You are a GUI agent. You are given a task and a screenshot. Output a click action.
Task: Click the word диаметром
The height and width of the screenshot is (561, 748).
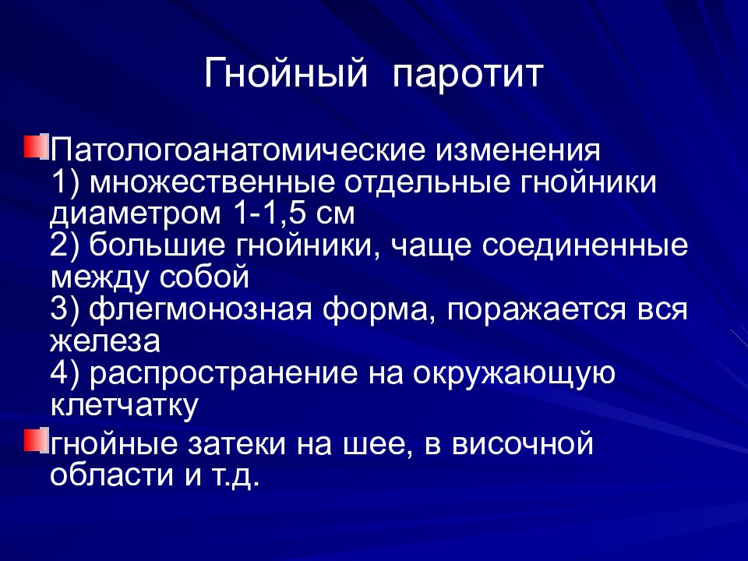point(129,212)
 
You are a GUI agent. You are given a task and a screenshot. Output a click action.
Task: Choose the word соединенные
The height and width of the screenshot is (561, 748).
point(584,246)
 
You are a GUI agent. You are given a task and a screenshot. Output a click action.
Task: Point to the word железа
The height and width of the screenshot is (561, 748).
point(104,341)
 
